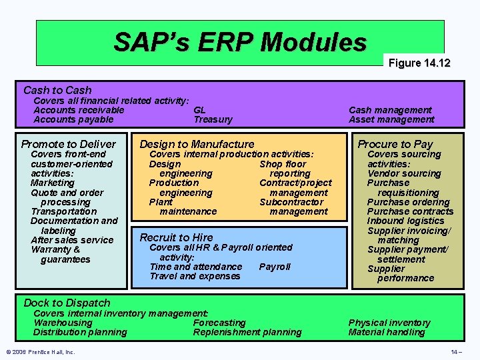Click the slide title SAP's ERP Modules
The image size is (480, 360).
pyautogui.click(x=240, y=42)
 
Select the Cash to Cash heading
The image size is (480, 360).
pyautogui.click(x=57, y=90)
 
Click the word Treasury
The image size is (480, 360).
pyautogui.click(x=213, y=120)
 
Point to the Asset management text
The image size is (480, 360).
pyautogui.click(x=391, y=120)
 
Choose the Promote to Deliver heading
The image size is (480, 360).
pyautogui.click(x=68, y=144)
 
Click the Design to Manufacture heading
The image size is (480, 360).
pyautogui.click(x=197, y=144)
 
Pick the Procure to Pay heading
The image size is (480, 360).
pyautogui.click(x=395, y=144)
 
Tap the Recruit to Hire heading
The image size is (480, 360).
pyautogui.click(x=176, y=237)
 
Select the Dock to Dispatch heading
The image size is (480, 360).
pyautogui.click(x=67, y=303)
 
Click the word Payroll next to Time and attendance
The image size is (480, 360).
pyautogui.click(x=275, y=267)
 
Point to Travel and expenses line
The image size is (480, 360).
pyautogui.click(x=195, y=276)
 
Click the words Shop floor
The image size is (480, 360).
pyautogui.click(x=283, y=164)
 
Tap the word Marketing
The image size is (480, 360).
pyautogui.click(x=53, y=183)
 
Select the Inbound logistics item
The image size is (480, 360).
pyautogui.click(x=405, y=221)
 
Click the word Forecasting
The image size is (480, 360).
pyautogui.click(x=219, y=323)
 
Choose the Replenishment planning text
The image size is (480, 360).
pyautogui.click(x=247, y=332)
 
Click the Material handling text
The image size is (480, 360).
pyautogui.click(x=387, y=332)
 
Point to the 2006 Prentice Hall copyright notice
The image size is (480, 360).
pyautogui.click(x=41, y=352)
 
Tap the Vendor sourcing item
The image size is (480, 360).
pyautogui.click(x=404, y=173)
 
